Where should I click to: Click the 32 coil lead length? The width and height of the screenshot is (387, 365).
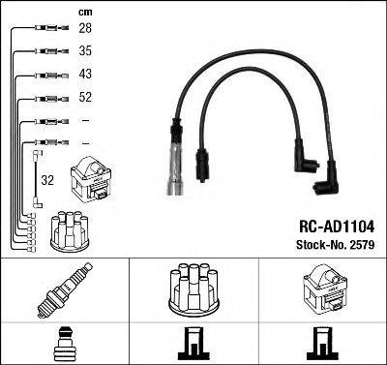tap(47, 179)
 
